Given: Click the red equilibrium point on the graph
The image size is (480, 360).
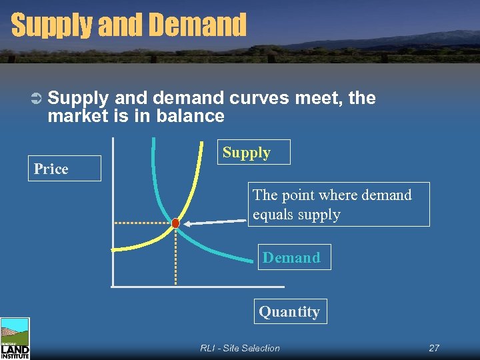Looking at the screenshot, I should click(x=175, y=223).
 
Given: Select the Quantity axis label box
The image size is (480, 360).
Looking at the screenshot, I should click(x=289, y=311).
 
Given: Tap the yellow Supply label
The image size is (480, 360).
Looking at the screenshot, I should click(x=247, y=152).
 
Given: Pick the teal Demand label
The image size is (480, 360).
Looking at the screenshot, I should click(x=291, y=257).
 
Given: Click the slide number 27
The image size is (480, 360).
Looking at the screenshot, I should click(x=434, y=348).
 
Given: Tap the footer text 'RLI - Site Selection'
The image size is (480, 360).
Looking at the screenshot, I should click(x=240, y=348).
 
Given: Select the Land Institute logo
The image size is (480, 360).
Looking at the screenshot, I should click(x=15, y=339).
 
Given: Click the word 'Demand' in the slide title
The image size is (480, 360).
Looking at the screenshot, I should click(x=198, y=25).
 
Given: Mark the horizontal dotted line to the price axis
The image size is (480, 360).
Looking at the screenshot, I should click(x=143, y=222).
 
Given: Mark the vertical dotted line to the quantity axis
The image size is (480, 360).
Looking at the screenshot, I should click(x=175, y=257).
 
